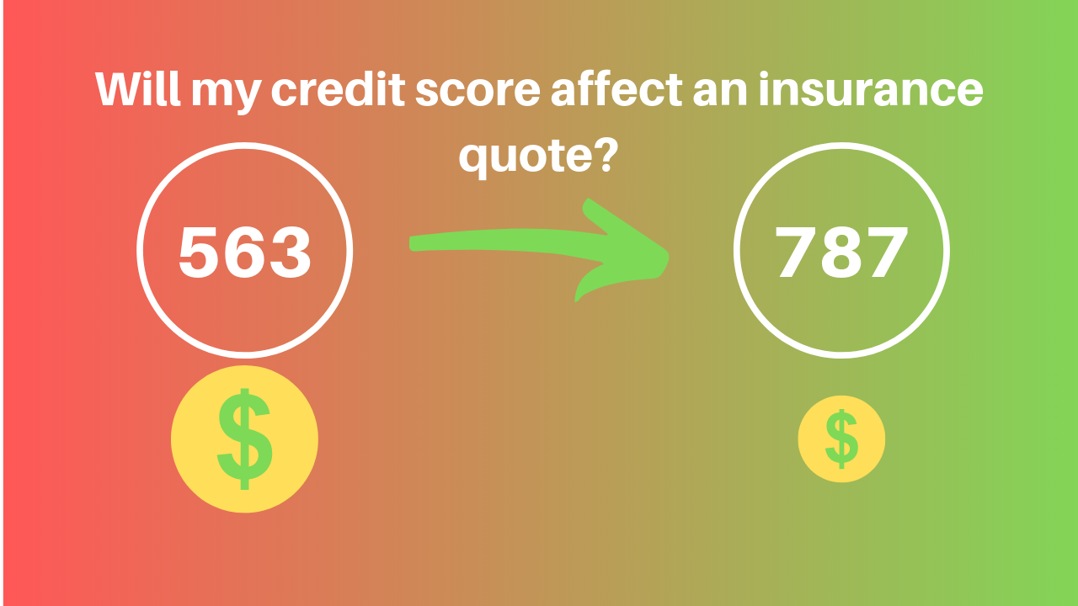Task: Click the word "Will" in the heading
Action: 137,89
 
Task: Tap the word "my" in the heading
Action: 227,94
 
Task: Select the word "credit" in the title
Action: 339,89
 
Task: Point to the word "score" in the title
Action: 478,93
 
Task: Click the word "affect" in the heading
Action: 616,89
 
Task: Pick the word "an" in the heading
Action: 720,93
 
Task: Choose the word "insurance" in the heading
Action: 871,89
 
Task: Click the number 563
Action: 245,252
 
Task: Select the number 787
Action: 841,252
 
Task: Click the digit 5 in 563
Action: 200,252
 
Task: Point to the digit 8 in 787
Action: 841,252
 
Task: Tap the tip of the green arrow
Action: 668,254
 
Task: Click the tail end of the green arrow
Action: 410,243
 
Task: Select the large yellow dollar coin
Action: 244,439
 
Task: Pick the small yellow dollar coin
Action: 841,439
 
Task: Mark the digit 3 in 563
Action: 289,252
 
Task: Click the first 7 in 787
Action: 796,252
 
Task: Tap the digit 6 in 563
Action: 244,252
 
